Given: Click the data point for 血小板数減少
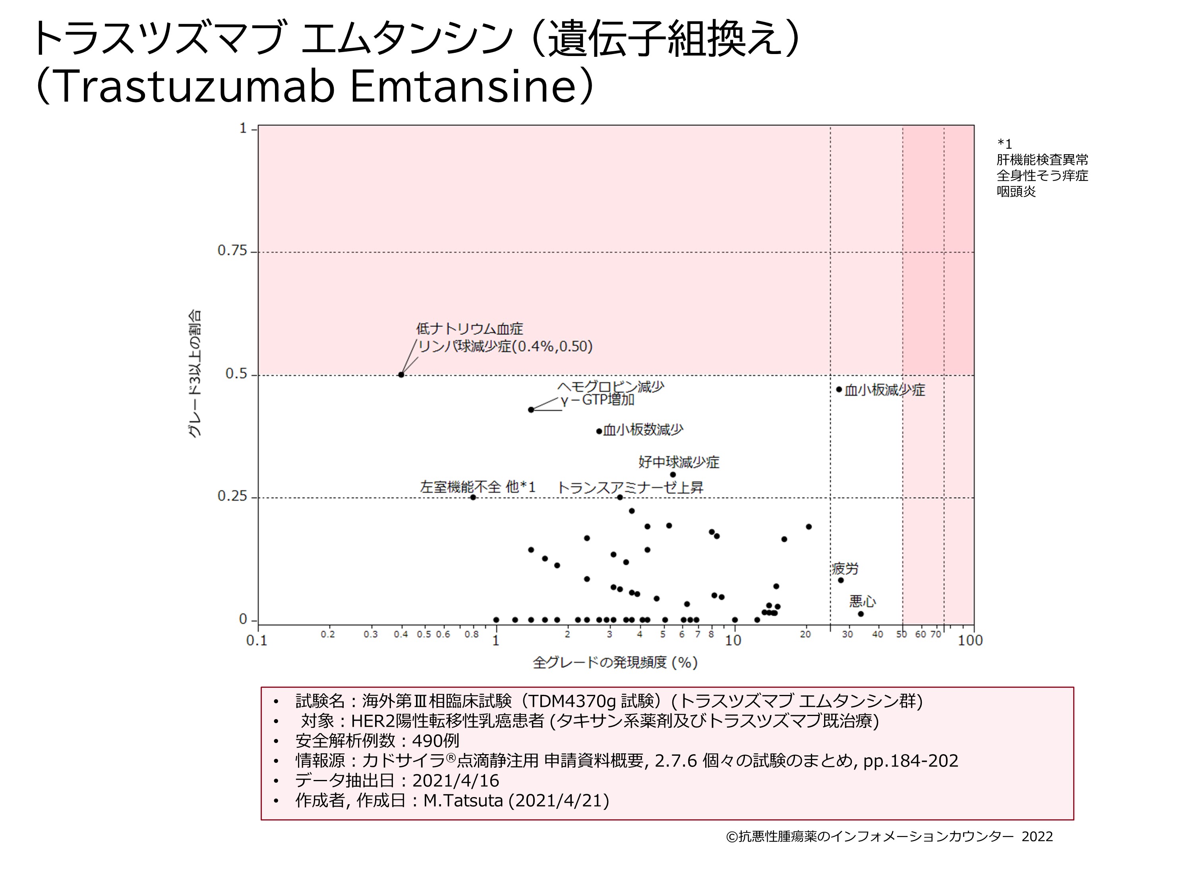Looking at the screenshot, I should click(599, 431).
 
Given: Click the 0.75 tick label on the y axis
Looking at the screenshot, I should click(231, 251).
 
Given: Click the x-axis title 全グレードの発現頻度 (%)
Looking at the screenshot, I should click(615, 663).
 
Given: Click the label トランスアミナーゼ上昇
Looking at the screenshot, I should click(630, 488).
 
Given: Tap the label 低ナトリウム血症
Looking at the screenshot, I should click(469, 329).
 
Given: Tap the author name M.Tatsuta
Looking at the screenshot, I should click(463, 801).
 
